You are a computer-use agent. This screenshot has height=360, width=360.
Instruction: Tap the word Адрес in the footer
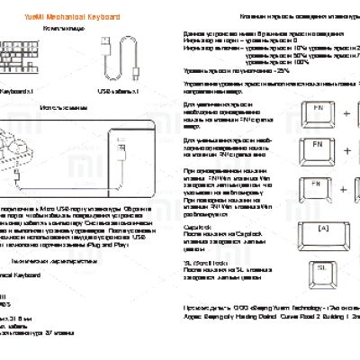(x=193, y=318)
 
